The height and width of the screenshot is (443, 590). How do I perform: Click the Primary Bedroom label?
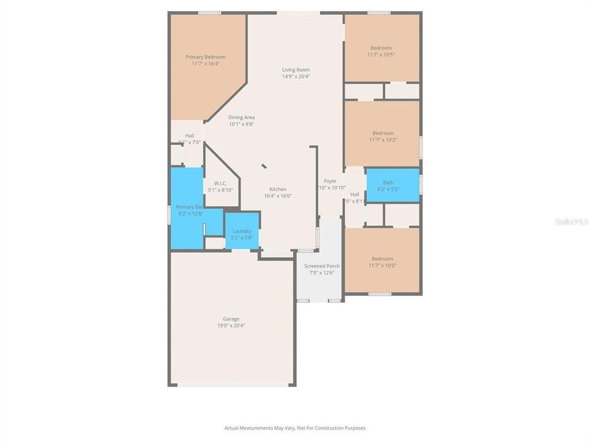pos(205,57)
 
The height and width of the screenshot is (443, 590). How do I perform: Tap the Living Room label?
pos(296,70)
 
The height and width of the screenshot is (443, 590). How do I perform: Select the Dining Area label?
pos(242,117)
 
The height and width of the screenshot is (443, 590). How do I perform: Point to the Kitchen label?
pos(278,189)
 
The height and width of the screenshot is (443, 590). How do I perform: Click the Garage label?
pos(231,319)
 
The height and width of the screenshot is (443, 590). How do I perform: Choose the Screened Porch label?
pos(321,266)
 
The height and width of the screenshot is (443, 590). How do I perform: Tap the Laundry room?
pos(242,231)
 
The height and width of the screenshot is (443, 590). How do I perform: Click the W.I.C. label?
pos(221,183)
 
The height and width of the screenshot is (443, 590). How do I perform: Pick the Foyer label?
pos(331,181)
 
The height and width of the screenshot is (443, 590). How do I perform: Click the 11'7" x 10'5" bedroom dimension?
pos(381,55)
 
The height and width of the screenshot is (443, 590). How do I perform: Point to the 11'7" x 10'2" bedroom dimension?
pos(383,140)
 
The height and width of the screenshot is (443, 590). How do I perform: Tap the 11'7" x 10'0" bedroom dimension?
pos(382,266)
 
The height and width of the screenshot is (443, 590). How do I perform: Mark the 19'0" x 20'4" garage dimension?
pos(231,325)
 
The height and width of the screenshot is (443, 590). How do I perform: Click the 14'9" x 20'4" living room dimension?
pos(296,77)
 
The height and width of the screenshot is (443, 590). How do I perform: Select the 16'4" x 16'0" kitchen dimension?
pos(278,196)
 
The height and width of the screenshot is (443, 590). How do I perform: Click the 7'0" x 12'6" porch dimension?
pos(321,273)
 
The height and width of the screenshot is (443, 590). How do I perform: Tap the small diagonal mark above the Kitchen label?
pos(264,166)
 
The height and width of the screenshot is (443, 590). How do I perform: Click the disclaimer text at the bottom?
pos(295,428)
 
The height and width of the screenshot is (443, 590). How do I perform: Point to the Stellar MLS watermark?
pos(572,221)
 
